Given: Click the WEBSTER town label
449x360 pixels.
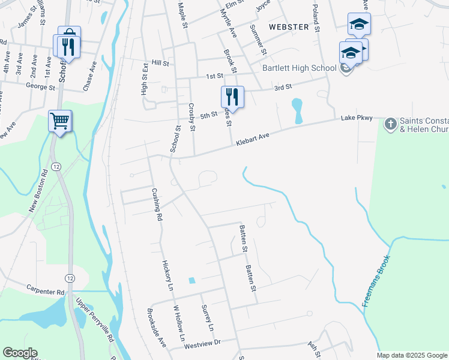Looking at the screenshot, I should (289, 27).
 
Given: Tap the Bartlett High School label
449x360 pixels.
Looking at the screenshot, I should (299, 68).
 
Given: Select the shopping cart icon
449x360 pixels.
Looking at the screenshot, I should (60, 122).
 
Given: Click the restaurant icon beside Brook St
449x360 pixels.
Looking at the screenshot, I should (232, 97).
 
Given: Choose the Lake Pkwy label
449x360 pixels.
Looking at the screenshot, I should (357, 118).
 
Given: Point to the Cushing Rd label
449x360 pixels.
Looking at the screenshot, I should (157, 205).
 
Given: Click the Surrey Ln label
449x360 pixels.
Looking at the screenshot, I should (207, 318).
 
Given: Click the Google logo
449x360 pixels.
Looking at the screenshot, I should (20, 353).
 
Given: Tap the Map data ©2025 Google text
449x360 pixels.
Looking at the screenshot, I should (412, 355).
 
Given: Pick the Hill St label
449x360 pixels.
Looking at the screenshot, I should (160, 62).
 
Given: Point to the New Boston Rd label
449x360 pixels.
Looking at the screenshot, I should (38, 191).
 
